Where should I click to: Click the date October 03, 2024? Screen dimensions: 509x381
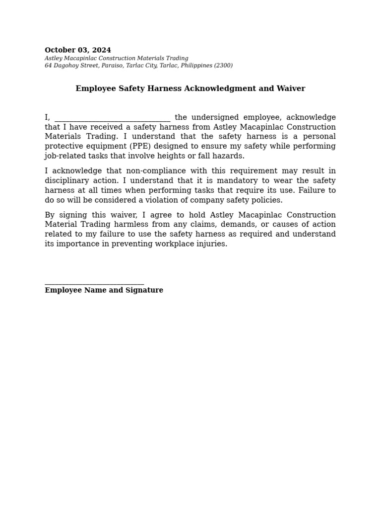coord(78,50)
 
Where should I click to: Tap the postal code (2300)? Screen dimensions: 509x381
coord(223,66)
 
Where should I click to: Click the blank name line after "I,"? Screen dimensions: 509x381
coord(113,118)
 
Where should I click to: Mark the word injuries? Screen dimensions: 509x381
coord(211,244)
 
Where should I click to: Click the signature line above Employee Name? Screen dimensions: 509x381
coord(94,283)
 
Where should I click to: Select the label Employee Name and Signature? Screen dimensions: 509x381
coord(104,290)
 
